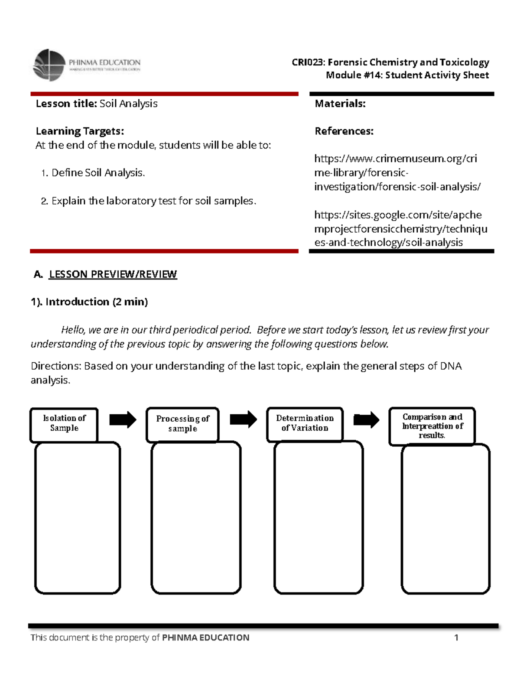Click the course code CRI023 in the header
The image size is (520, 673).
307,62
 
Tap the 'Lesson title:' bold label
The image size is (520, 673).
66,104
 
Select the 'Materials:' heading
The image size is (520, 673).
340,104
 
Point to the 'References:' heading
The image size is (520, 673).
344,131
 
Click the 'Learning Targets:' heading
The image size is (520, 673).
80,131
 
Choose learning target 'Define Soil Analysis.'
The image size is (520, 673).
98,173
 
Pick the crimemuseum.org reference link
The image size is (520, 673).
396,173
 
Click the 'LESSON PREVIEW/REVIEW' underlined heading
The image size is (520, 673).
113,274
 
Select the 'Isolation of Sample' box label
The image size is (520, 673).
64,423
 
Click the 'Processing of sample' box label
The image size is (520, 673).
182,424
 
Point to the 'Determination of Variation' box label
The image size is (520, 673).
305,423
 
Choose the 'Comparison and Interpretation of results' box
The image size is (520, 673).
432,426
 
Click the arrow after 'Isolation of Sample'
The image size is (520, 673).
123,419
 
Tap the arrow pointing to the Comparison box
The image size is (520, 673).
366,419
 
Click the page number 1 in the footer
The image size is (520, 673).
456,637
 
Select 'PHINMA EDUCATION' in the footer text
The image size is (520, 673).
205,637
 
